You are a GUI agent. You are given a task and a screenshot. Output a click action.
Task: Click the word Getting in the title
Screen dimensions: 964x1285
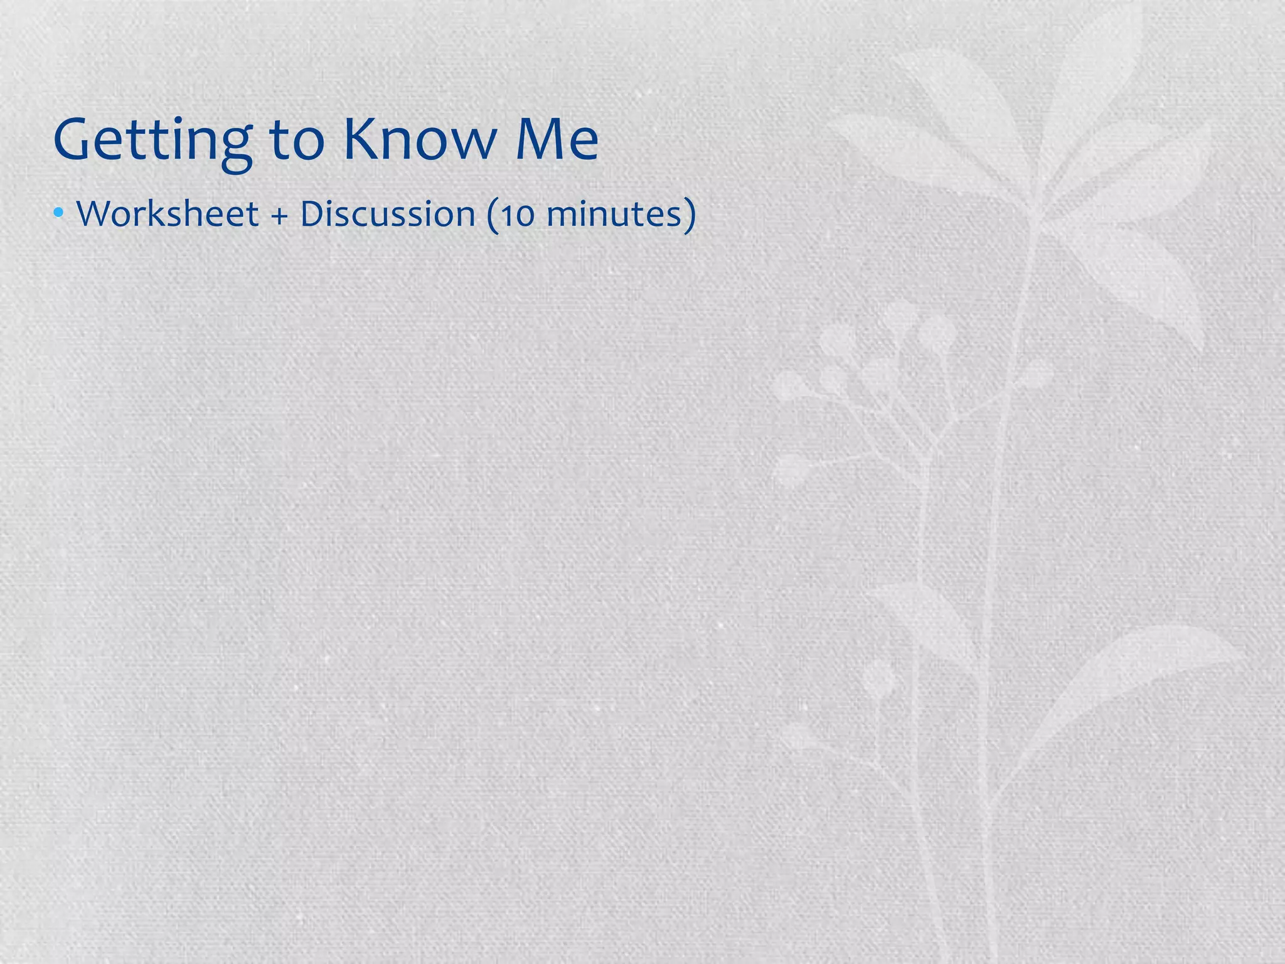pos(153,141)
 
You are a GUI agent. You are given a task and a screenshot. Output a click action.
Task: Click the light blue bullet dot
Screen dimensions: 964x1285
pos(58,213)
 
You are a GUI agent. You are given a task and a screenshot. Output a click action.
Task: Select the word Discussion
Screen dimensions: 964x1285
pos(388,214)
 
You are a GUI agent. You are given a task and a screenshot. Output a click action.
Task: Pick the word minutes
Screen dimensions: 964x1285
pos(612,215)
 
